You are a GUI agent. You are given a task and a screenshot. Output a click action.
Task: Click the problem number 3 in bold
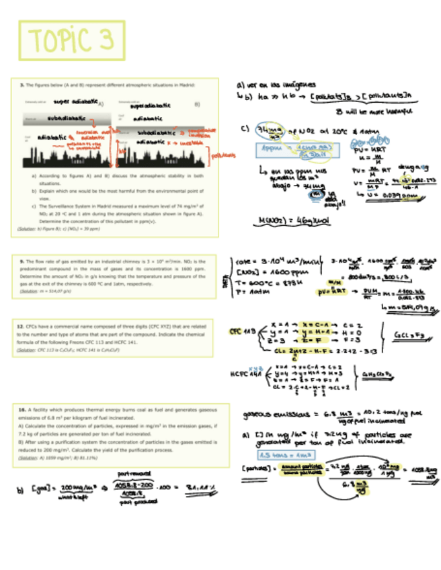pos(22,85)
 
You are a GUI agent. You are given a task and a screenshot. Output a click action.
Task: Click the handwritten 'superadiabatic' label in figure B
pos(152,106)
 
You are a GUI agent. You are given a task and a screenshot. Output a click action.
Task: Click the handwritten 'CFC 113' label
pos(240,331)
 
